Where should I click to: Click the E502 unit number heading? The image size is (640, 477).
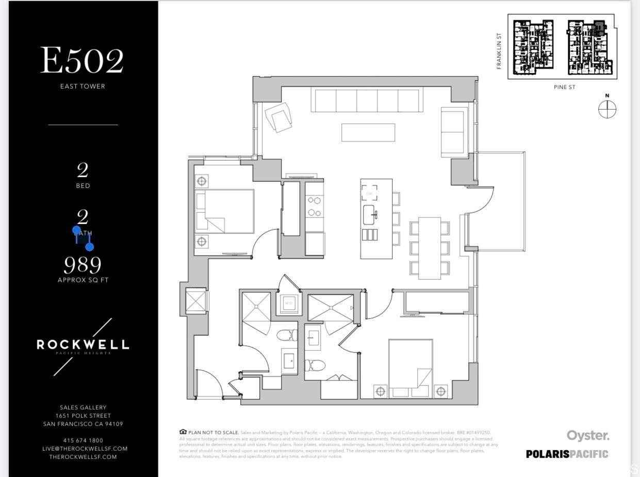point(83,61)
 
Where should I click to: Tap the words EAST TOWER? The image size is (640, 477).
point(83,86)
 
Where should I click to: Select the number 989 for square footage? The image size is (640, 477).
point(83,265)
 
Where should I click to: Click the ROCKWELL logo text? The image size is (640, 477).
point(83,345)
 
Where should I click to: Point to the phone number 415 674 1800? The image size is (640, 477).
point(83,440)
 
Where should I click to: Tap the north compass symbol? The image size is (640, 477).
point(607,109)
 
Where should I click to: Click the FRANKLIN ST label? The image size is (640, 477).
point(499,50)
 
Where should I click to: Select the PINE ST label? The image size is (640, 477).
point(564,87)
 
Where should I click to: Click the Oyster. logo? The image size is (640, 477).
point(588,435)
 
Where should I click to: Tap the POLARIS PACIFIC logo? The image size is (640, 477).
point(567,454)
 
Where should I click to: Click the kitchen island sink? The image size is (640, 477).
point(370,214)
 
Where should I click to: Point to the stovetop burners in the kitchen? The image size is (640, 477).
point(314,206)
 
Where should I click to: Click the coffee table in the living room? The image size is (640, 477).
point(368,132)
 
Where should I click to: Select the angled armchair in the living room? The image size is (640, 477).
point(278,117)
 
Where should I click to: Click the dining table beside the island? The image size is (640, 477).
point(430,248)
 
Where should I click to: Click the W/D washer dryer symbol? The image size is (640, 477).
point(289,303)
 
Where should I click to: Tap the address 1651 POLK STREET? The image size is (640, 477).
point(83,416)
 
